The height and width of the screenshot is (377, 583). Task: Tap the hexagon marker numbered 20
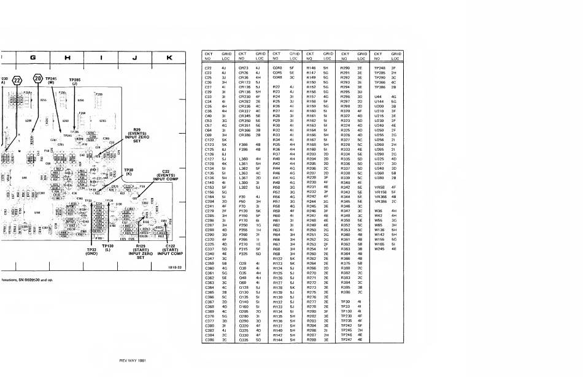[38, 80]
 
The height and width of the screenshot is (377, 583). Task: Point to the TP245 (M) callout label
[52, 81]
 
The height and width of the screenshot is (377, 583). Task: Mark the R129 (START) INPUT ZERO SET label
[144, 253]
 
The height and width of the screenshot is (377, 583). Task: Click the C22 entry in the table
[207, 67]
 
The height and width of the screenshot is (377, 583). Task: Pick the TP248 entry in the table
[379, 67]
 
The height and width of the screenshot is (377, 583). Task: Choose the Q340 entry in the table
[277, 67]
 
